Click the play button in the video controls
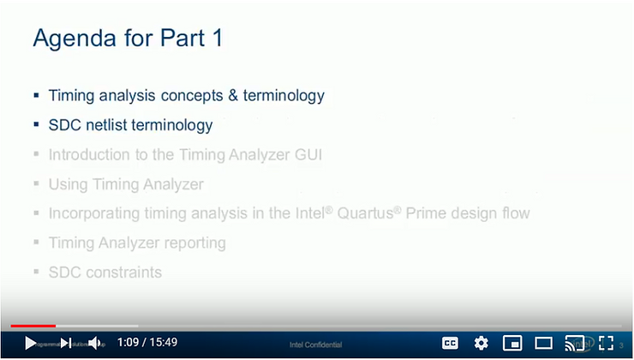pos(30,343)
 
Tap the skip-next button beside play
pos(65,343)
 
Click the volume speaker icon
pos(95,343)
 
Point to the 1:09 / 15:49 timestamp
pos(147,343)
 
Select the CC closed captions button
pos(450,343)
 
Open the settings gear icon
pos(481,343)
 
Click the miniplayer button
pos(512,343)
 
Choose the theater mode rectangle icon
pos(543,343)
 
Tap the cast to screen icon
pos(575,343)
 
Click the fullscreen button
pos(606,343)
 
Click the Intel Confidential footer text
pos(316,345)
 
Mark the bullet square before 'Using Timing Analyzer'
pos(36,184)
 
